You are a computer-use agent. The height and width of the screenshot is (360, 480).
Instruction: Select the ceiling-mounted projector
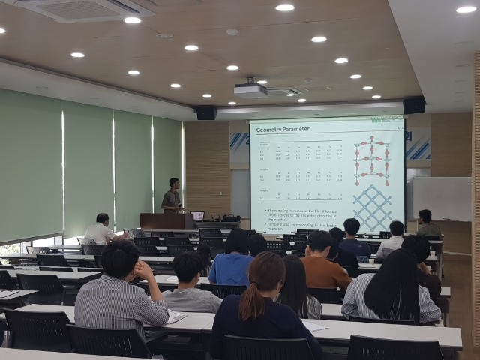pyautogui.click(x=250, y=89)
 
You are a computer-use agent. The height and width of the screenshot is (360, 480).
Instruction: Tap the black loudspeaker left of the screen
pyautogui.click(x=205, y=112)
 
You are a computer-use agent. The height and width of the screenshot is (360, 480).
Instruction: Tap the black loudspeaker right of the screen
pyautogui.click(x=414, y=106)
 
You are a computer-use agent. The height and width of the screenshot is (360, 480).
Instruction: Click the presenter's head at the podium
pyautogui.click(x=174, y=183)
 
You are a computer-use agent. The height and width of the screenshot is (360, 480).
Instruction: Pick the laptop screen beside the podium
pyautogui.click(x=197, y=216)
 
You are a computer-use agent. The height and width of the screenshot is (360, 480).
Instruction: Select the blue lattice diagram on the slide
pyautogui.click(x=372, y=207)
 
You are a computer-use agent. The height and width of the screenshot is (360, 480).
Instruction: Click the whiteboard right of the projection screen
pyautogui.click(x=441, y=198)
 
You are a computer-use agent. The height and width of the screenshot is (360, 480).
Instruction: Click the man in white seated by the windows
pyautogui.click(x=100, y=230)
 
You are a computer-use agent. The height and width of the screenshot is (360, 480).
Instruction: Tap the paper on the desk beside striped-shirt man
pyautogui.click(x=177, y=316)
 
